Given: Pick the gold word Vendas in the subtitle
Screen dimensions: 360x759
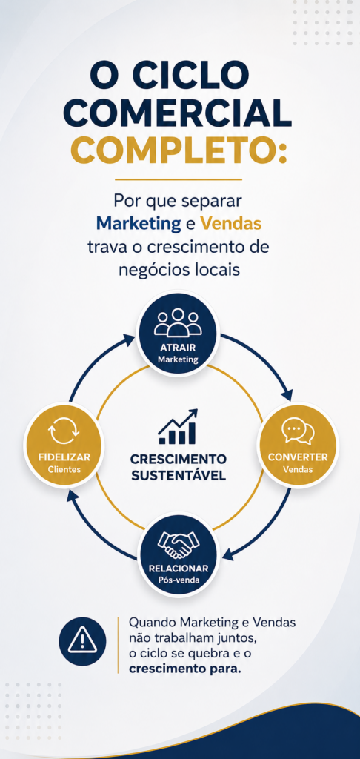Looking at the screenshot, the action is click(231, 224).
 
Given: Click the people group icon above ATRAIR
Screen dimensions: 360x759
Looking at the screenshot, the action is click(178, 322).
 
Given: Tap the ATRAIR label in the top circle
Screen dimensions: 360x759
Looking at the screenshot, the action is click(178, 348).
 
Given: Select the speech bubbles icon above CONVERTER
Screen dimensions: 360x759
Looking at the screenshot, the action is click(298, 431).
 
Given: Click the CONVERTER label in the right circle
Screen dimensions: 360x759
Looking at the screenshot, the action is click(298, 457).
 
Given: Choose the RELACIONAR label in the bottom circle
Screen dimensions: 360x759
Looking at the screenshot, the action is click(179, 569).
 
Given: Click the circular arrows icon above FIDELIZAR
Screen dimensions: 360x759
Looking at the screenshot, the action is click(64, 432).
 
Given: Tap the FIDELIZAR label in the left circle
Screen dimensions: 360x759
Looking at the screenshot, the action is click(64, 457).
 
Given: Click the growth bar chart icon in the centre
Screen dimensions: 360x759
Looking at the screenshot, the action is click(178, 426).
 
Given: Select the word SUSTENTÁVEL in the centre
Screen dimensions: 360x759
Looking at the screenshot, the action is click(179, 475).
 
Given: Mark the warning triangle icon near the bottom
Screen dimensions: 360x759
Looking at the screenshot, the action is click(81, 641).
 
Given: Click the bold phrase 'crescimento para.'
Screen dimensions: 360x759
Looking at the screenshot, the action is click(185, 669).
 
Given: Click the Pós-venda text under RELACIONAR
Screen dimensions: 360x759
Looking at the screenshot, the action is click(178, 580).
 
